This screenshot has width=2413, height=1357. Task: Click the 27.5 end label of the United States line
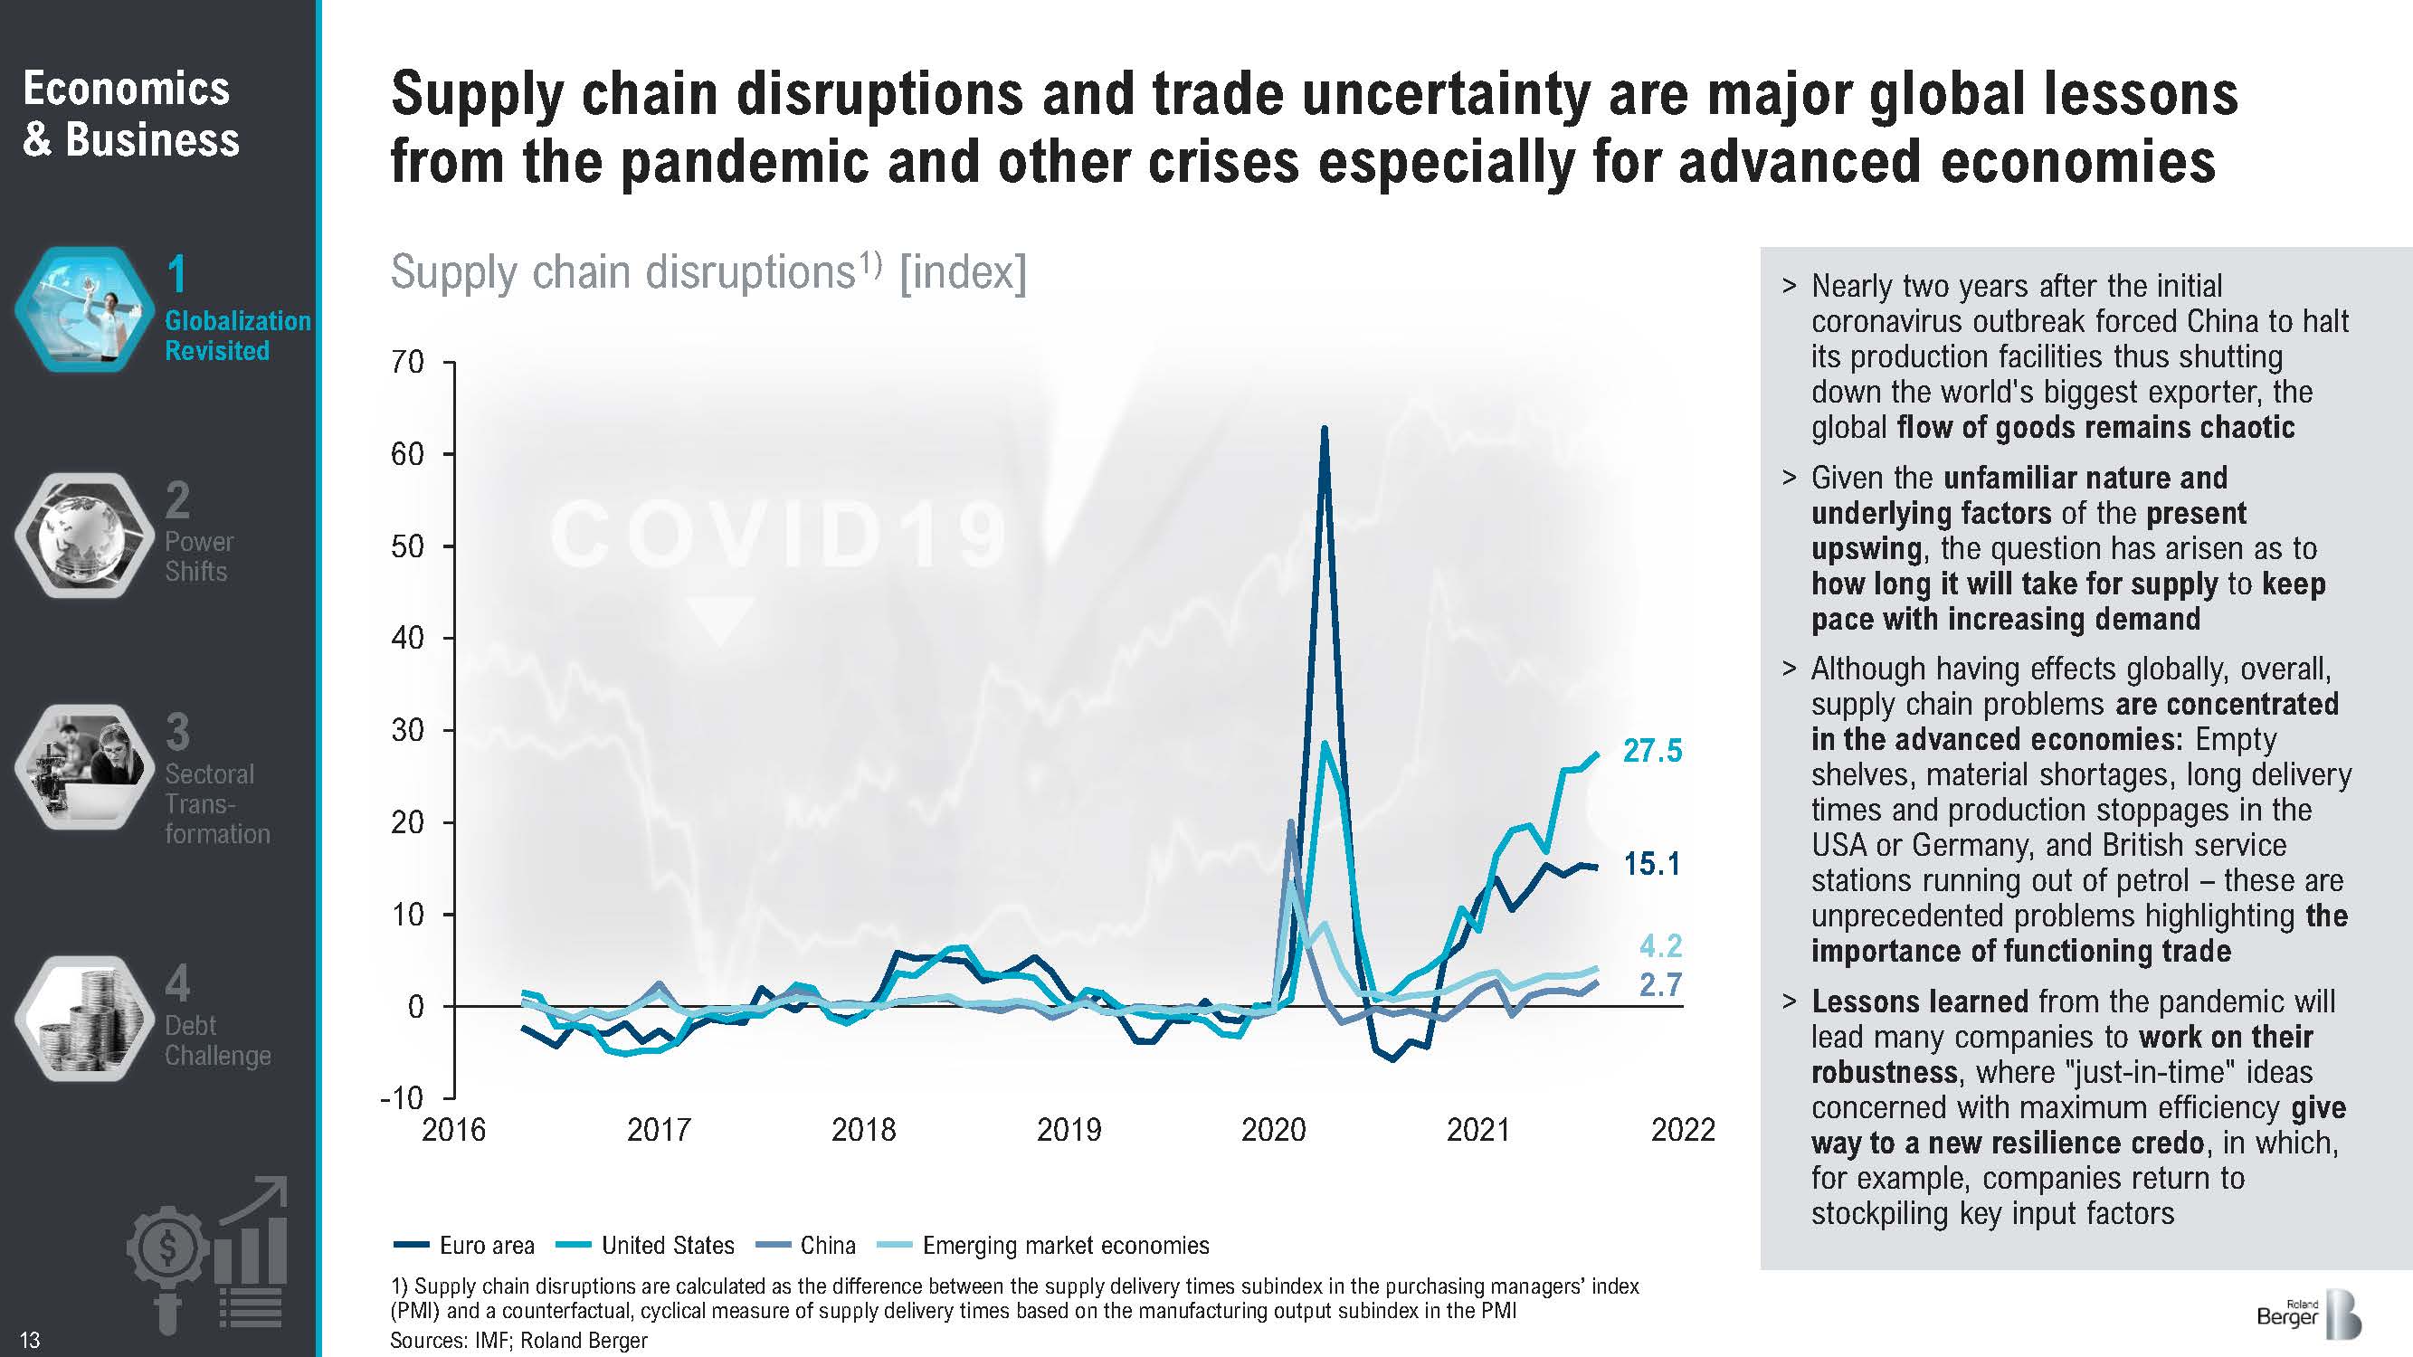tap(1652, 751)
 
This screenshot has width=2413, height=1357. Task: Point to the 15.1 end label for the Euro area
tap(1651, 863)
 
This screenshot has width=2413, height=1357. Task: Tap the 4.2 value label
tap(1660, 946)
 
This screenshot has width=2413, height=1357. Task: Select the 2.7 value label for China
tap(1660, 984)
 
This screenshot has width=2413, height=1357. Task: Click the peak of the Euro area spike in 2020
tap(1324, 430)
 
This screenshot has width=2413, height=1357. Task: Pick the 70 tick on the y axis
tap(407, 362)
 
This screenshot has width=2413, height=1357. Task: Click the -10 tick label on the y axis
tap(402, 1097)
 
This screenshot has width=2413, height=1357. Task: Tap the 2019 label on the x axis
tap(1068, 1130)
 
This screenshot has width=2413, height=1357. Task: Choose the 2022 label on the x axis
tap(1682, 1130)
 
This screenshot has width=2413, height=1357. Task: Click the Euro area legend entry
tap(465, 1246)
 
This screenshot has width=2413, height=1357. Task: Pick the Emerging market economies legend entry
tap(1043, 1246)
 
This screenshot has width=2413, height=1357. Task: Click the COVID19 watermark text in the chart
tap(777, 536)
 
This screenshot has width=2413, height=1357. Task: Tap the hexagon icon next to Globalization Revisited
tap(84, 309)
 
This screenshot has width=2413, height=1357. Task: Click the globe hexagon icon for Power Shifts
tap(84, 536)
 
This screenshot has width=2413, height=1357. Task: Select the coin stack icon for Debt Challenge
tap(84, 1018)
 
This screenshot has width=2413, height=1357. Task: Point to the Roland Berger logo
tap(2308, 1315)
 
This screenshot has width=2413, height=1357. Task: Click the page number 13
tap(30, 1340)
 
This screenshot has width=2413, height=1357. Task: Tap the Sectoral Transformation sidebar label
tap(216, 803)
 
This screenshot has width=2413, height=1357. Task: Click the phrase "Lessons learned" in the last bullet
tap(1919, 1002)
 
